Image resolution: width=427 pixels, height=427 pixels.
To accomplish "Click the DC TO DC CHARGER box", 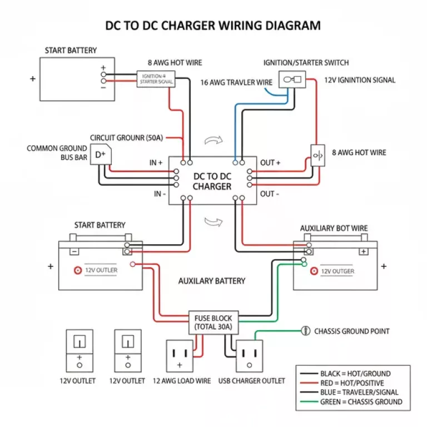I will click(212, 181).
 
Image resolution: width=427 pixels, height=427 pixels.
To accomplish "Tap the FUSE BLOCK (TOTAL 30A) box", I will click(213, 322).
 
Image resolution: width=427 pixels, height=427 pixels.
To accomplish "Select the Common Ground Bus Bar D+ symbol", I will click(101, 155).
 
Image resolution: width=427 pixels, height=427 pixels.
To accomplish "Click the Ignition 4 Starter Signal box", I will click(157, 78).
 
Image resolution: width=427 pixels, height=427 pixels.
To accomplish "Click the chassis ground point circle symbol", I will click(305, 331).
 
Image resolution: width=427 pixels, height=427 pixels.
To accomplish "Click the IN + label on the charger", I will click(156, 163).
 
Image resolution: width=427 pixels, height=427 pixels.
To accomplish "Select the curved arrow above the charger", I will click(212, 141).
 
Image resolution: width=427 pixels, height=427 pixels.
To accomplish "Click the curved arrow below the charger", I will click(212, 222).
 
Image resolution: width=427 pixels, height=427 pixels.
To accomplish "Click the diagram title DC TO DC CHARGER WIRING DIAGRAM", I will click(213, 26).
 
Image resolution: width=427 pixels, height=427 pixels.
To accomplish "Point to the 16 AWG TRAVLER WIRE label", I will click(236, 82).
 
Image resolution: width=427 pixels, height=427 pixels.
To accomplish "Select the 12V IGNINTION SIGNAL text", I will click(360, 80).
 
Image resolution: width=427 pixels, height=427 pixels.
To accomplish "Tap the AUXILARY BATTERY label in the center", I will click(211, 281).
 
